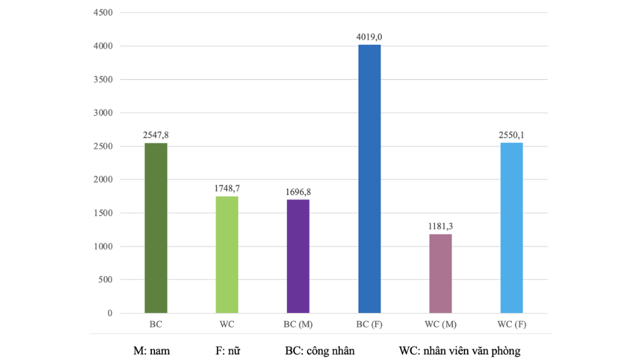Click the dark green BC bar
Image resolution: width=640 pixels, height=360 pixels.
[x=156, y=228]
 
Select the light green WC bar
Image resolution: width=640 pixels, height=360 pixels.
[x=227, y=254]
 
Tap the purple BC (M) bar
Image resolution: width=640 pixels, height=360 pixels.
[x=298, y=256]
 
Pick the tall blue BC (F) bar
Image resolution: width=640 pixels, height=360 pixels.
[x=369, y=179]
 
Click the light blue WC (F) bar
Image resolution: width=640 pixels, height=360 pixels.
[x=512, y=228]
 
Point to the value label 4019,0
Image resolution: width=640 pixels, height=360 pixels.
[x=369, y=37]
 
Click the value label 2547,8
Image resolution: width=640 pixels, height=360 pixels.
[x=156, y=136]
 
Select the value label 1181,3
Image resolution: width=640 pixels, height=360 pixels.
[x=441, y=227]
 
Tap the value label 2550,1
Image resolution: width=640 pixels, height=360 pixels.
[x=512, y=136]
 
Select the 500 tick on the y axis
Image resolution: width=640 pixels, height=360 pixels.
[x=104, y=279]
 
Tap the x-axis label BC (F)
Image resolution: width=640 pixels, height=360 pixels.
[x=369, y=325]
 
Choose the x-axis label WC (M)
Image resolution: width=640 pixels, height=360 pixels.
[x=441, y=325]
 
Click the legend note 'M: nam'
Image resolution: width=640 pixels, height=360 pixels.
[x=151, y=351]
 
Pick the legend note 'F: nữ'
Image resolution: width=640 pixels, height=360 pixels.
[x=229, y=351]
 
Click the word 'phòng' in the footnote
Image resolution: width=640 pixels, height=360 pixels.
[x=505, y=351]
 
